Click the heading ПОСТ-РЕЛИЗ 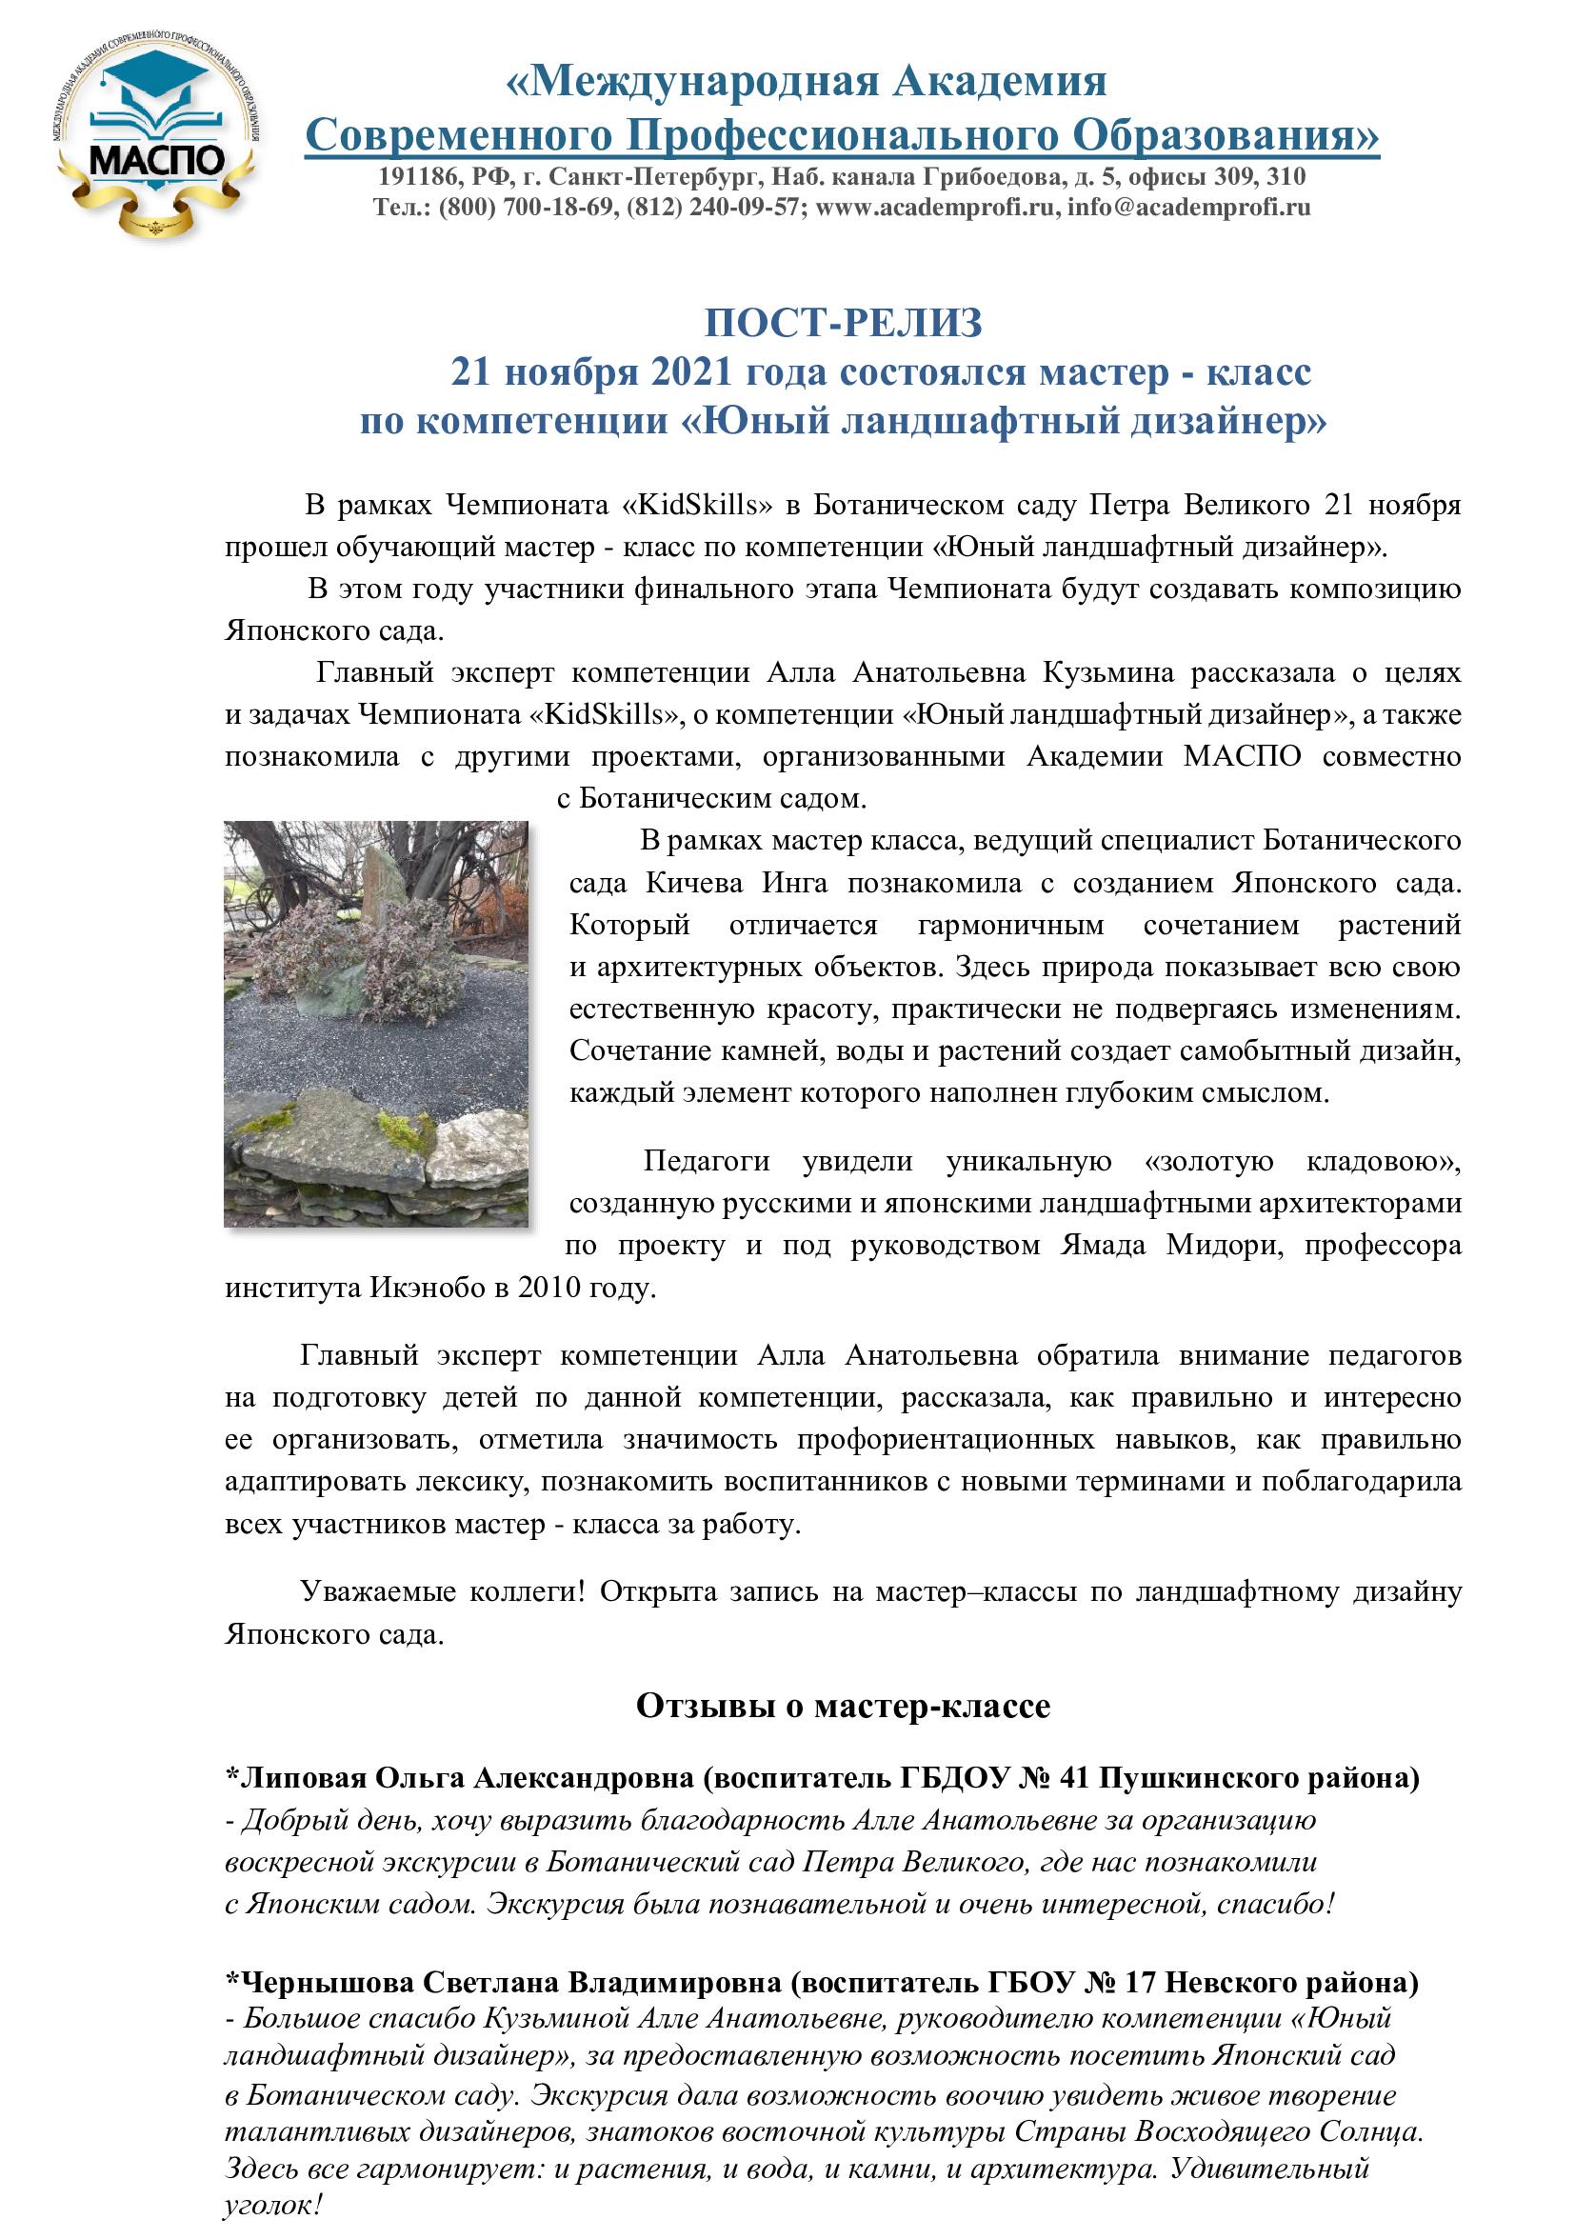click(844, 323)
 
